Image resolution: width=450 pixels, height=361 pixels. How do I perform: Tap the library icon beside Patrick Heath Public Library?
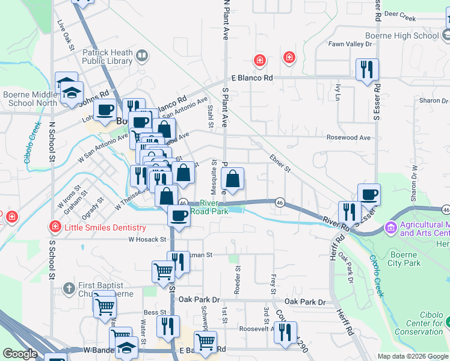142,57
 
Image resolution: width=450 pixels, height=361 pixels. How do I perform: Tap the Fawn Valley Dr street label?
351,44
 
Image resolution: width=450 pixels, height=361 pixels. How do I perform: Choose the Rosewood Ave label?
348,137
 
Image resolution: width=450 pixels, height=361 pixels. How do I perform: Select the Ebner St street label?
280,164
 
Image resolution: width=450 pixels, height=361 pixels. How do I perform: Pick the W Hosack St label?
147,239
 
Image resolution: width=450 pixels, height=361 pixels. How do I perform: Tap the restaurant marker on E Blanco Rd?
367,70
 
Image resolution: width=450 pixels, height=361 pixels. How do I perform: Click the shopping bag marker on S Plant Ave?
232,179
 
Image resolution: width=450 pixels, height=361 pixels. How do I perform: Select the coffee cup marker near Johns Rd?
105,110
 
